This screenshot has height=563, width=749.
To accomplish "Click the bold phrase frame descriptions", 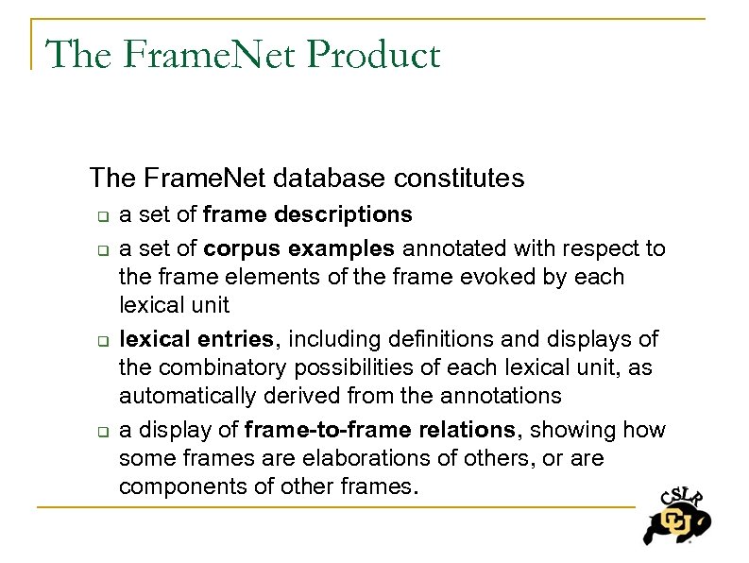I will [307, 214].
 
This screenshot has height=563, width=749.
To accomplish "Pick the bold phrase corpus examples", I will [299, 248].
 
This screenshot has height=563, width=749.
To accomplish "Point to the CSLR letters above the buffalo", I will [678, 496].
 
